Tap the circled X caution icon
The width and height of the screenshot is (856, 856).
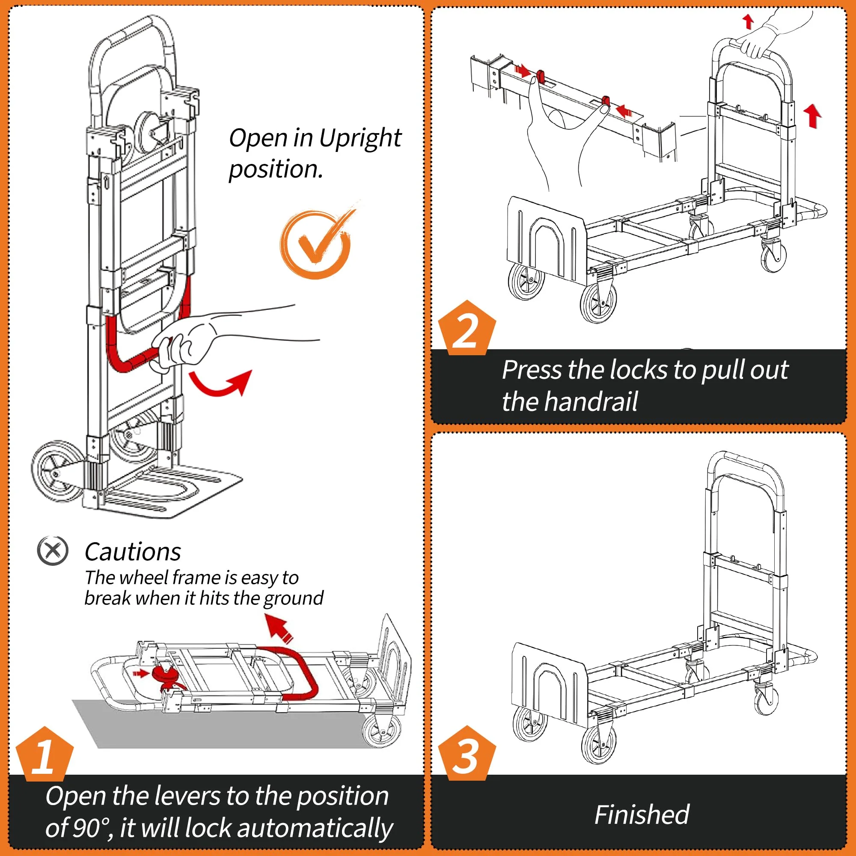53,551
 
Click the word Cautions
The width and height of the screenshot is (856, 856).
133,552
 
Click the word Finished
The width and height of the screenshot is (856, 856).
642,815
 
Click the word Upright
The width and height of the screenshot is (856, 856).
360,138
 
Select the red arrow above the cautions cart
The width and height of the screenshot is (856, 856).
279,628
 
